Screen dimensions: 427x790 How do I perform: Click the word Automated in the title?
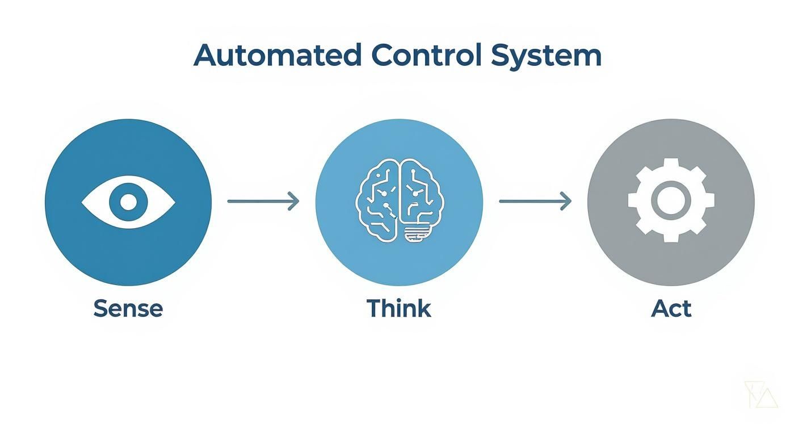(278, 56)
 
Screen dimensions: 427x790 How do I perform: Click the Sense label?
(128, 308)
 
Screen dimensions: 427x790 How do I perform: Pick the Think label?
(399, 308)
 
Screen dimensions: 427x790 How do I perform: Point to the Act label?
(671, 308)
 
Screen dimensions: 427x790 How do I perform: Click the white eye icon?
(128, 202)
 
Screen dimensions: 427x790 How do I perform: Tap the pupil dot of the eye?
(128, 202)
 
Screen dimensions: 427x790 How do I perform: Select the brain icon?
(399, 202)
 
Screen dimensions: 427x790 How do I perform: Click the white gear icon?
(671, 202)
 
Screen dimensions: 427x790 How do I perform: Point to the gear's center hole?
(671, 202)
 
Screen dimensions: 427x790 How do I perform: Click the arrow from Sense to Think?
(263, 201)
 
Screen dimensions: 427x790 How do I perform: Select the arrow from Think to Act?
(535, 201)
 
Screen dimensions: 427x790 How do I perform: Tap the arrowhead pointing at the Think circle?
(294, 201)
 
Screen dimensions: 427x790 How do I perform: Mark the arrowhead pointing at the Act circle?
(566, 201)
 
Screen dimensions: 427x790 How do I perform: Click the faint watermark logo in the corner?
(760, 394)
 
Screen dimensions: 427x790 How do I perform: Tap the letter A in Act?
(660, 308)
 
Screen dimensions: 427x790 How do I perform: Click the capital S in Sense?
(100, 308)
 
